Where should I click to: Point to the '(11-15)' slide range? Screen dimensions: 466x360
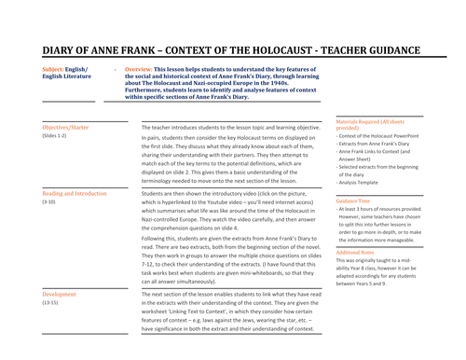(x=51, y=303)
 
